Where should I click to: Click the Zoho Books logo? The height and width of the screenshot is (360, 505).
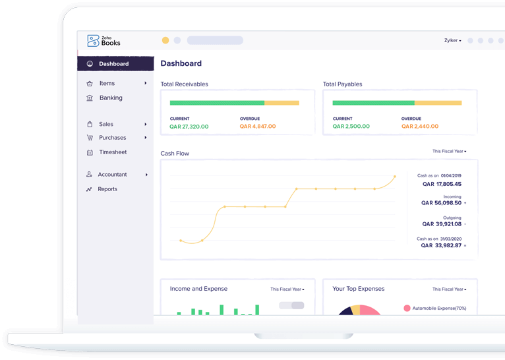click(104, 41)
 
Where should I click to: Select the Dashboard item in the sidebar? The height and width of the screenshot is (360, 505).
click(113, 64)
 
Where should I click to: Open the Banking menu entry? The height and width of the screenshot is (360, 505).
click(110, 98)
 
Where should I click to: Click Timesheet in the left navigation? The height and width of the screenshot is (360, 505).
click(112, 152)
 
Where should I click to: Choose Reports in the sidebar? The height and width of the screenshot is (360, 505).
click(107, 189)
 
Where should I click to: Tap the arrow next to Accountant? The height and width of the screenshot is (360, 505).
click(146, 175)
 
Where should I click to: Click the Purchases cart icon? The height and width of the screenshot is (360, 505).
click(90, 138)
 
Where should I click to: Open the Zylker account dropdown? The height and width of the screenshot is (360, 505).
click(452, 41)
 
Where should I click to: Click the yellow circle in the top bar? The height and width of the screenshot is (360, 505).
click(165, 40)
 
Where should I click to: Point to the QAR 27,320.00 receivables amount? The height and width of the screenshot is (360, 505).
click(189, 127)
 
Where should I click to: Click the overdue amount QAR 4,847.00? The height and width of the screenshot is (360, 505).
click(258, 127)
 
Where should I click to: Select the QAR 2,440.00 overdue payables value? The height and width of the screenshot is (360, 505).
click(419, 127)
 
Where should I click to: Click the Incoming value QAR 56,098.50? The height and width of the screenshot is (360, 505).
click(441, 203)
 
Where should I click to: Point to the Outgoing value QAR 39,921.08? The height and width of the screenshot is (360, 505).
click(441, 224)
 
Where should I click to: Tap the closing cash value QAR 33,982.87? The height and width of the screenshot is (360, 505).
click(441, 245)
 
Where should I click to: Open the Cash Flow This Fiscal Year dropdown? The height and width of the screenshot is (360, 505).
click(449, 152)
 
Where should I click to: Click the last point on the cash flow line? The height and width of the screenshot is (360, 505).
click(395, 177)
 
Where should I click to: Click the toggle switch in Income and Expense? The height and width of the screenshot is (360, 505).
click(291, 305)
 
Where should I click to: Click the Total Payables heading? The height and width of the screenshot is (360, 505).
click(342, 84)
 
